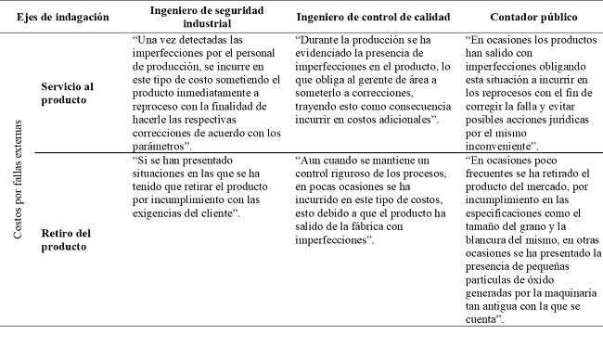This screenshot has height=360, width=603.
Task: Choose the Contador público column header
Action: tap(532, 18)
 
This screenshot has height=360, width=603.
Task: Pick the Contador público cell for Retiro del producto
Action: tap(531, 238)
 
